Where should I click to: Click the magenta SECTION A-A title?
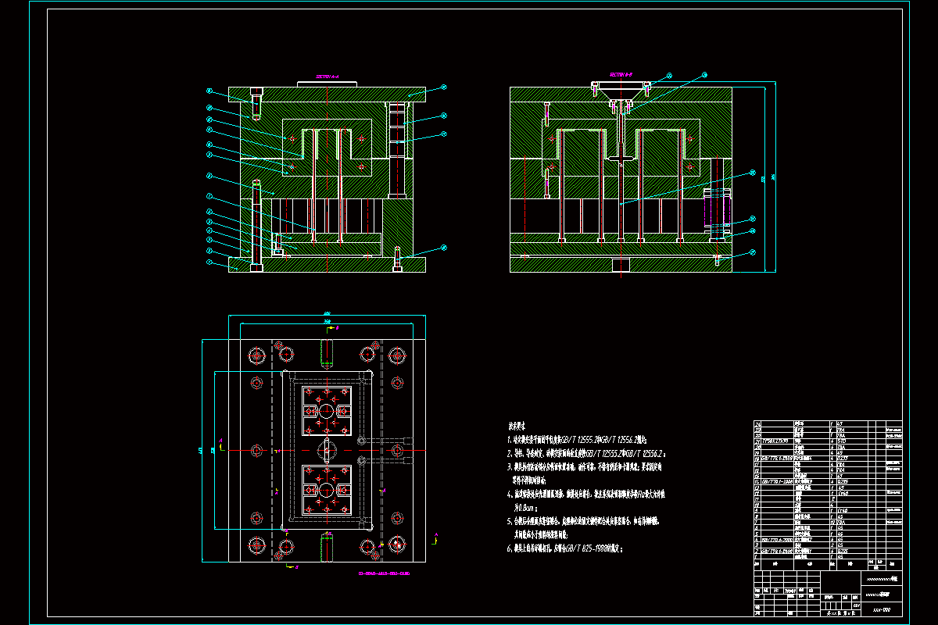point(327,77)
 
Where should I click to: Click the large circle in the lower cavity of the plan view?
point(327,490)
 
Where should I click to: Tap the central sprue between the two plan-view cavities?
point(327,451)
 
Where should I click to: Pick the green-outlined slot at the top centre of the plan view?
point(327,352)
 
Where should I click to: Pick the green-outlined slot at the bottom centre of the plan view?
point(327,548)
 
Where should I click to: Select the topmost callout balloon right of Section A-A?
point(442,87)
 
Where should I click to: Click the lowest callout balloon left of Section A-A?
point(209,262)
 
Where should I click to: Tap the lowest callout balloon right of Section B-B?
point(752,252)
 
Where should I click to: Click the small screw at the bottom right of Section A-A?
point(398,259)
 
